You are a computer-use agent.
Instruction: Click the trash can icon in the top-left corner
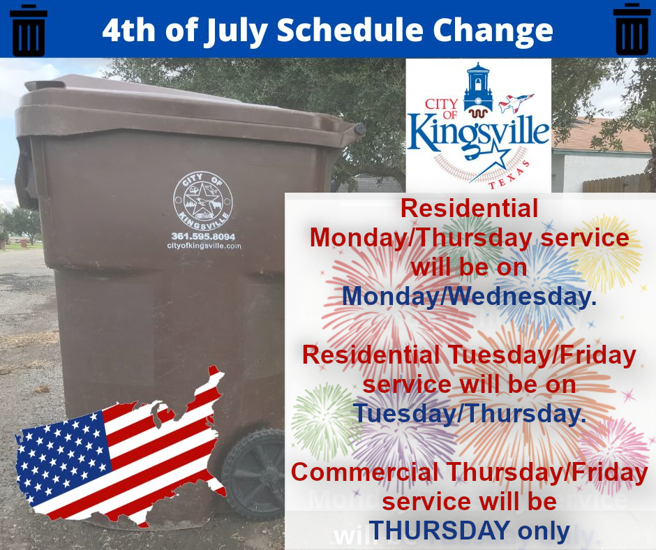click(x=29, y=31)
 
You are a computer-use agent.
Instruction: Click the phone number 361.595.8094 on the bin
click(x=203, y=236)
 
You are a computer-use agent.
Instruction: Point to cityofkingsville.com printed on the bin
click(x=204, y=246)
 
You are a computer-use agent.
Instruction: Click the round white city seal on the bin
click(x=203, y=201)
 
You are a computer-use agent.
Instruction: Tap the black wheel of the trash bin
click(x=254, y=473)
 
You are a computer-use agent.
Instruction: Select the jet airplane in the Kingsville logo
click(x=516, y=103)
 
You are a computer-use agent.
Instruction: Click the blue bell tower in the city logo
click(x=478, y=86)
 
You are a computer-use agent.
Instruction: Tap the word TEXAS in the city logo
click(x=510, y=175)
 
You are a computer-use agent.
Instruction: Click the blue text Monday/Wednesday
click(x=469, y=296)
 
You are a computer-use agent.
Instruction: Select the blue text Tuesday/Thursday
click(x=469, y=413)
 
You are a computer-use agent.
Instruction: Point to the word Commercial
click(x=365, y=472)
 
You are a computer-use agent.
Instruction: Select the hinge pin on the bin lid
click(x=359, y=128)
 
